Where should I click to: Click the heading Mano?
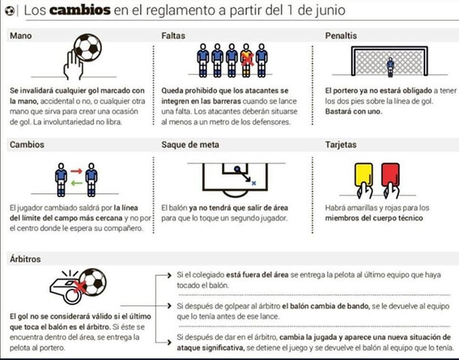[22, 36]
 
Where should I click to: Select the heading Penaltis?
[341, 36]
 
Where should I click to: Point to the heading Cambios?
[27, 144]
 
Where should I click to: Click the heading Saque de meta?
[192, 144]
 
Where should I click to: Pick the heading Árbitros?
[27, 259]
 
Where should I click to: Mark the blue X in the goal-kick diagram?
[253, 181]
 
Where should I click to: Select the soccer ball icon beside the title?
[9, 11]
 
